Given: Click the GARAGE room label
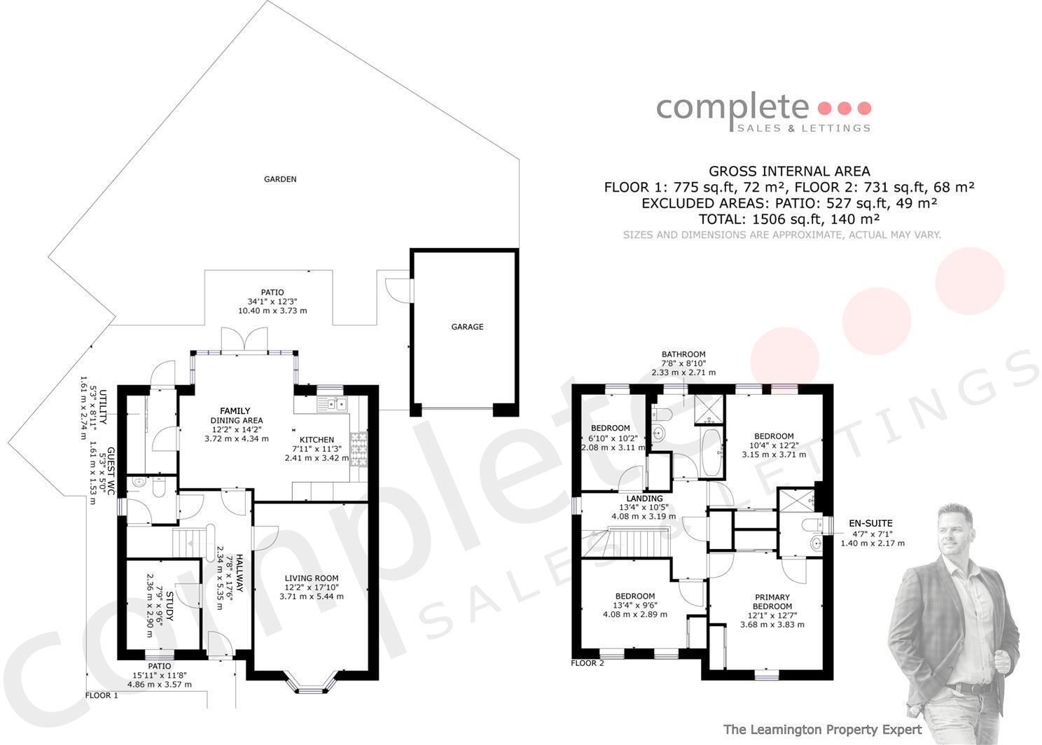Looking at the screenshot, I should click(x=467, y=327).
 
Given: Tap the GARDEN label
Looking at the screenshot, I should click(x=280, y=179).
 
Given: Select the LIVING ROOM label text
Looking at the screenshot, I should click(x=312, y=578).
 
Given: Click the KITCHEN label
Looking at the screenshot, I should click(x=317, y=440).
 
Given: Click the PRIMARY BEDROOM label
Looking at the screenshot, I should click(x=772, y=602).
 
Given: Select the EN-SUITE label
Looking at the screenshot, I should click(x=870, y=523).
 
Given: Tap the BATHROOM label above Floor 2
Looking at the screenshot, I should click(x=683, y=354).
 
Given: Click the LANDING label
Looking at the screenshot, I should click(x=644, y=499).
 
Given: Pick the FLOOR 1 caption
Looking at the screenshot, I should click(x=102, y=695).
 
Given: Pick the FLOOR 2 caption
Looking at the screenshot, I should click(x=587, y=662).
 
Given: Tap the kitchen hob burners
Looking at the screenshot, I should click(x=358, y=449).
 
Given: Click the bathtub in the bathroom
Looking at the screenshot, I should click(x=709, y=452).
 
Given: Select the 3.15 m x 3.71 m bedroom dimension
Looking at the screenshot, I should click(x=774, y=454).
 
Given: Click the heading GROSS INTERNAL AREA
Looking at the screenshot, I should click(x=789, y=171).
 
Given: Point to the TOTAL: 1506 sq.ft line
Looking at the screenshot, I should click(x=789, y=218).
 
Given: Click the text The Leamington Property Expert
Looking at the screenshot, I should click(x=822, y=730).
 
